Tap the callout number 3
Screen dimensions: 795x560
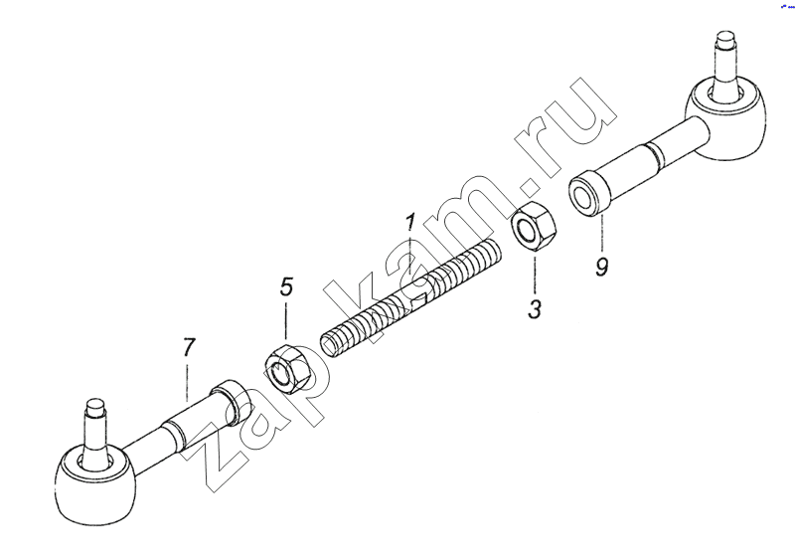[x=535, y=308]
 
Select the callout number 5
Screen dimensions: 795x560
[x=286, y=287]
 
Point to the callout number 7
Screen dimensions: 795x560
[x=188, y=347]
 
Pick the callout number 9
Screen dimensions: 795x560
[x=602, y=266]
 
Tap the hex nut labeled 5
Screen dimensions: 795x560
[x=288, y=369]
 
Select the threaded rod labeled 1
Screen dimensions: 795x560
[x=411, y=299]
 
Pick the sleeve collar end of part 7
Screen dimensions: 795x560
[x=232, y=400]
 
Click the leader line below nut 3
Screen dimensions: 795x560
[x=535, y=274]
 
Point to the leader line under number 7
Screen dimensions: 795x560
[x=187, y=382]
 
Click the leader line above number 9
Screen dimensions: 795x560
[x=602, y=234]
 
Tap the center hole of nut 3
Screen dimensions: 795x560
[x=528, y=230]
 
